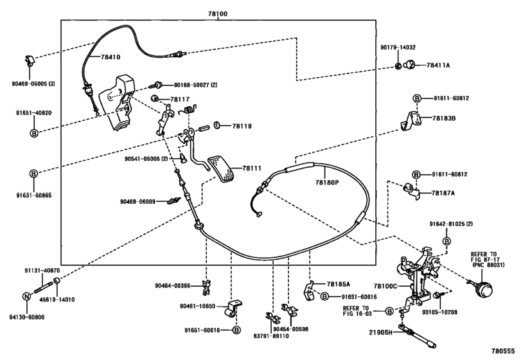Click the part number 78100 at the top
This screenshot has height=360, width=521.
tap(218, 14)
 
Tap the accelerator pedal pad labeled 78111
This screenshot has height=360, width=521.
tap(221, 169)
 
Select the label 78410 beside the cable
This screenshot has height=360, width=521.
tap(110, 57)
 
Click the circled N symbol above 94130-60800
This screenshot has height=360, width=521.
tap(26, 296)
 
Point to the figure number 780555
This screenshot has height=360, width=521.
tap(504, 350)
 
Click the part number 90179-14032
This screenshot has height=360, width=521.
tap(398, 48)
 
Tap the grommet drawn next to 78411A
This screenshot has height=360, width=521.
tap(411, 64)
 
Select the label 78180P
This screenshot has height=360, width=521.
tap(327, 182)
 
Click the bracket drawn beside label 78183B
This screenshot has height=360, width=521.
tap(411, 121)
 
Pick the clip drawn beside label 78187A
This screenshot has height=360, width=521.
tap(411, 191)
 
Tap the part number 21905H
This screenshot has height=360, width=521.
tap(381, 332)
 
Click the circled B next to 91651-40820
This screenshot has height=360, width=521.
tap(34, 133)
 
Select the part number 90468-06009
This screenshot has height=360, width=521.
tap(137, 201)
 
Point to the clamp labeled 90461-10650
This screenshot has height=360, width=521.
tap(234, 309)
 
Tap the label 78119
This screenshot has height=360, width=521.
tap(242, 126)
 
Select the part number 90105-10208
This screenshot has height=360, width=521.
tap(439, 312)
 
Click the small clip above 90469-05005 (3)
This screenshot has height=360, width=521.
tap(30, 61)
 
